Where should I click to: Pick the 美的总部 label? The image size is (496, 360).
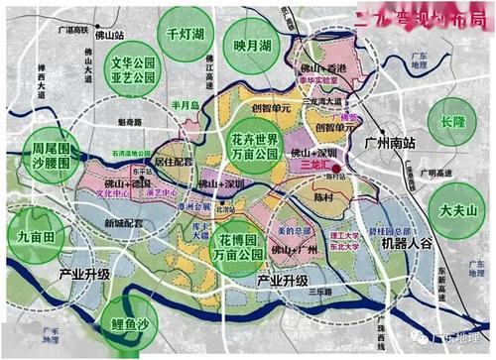pyautogui.click(x=291, y=230)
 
